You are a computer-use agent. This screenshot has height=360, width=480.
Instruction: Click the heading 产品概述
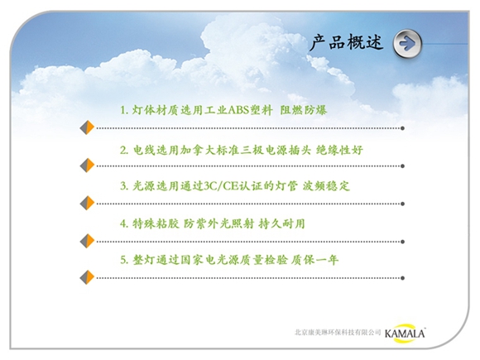[x=346, y=42]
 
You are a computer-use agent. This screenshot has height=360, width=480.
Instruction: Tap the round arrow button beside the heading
[x=407, y=44]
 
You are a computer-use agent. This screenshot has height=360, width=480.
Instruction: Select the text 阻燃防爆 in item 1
[x=304, y=110]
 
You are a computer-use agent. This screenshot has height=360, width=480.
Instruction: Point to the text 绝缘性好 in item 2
[x=339, y=150]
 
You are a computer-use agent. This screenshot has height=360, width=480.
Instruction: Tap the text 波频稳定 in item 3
[x=326, y=186]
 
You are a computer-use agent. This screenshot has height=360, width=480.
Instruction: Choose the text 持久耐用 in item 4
[x=281, y=223]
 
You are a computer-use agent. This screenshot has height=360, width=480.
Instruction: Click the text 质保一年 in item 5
[x=314, y=260]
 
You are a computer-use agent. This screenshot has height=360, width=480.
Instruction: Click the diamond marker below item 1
[x=87, y=127]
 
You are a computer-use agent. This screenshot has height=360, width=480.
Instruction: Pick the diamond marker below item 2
[x=87, y=166]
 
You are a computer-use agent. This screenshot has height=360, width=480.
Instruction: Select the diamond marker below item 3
[x=87, y=204]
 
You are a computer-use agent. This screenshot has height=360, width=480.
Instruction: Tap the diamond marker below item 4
[x=87, y=241]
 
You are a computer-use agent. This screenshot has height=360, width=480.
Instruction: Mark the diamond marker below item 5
[x=87, y=277]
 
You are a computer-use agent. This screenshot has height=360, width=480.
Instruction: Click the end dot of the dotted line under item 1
[x=402, y=128]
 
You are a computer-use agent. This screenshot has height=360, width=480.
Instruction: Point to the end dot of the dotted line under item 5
[x=402, y=278]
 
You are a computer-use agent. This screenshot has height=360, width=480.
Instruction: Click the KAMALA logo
[x=405, y=333]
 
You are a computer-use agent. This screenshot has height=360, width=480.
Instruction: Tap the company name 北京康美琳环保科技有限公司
[x=338, y=332]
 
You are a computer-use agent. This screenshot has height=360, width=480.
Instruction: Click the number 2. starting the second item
[x=124, y=151]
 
